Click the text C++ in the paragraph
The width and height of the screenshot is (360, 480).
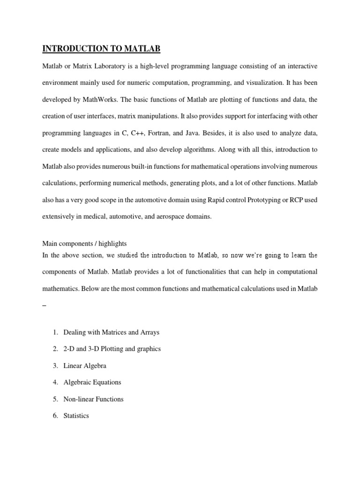pos(137,134)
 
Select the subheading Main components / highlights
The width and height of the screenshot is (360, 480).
pos(84,244)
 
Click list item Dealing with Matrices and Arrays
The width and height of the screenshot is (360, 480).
pos(111,332)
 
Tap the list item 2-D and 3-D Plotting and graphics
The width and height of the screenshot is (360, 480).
pos(112,349)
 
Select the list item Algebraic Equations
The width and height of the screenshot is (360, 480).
pos(92,382)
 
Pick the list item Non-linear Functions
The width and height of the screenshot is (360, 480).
pos(93,399)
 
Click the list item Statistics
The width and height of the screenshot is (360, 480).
pos(76,416)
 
